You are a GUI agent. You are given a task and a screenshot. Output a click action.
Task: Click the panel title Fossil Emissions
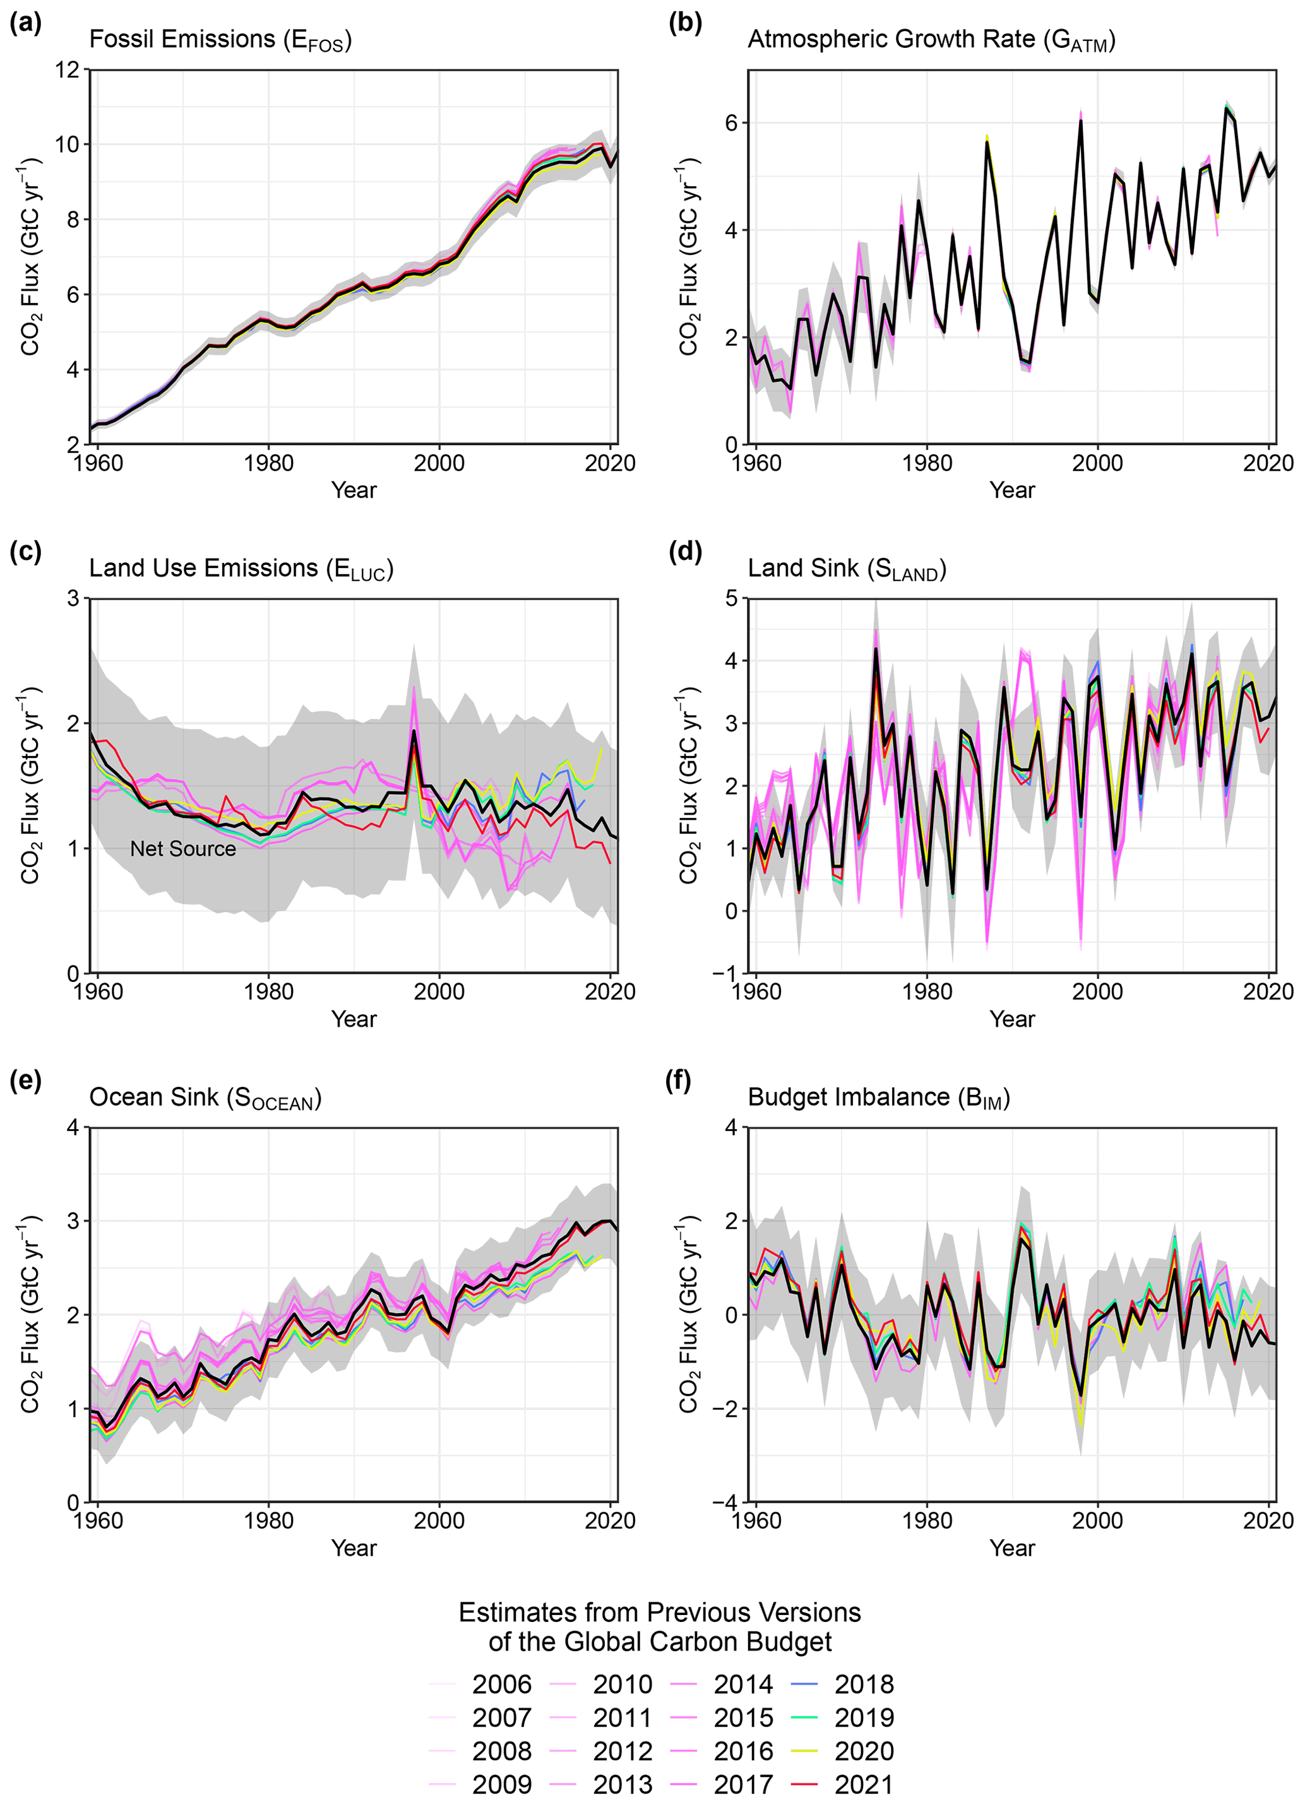220,40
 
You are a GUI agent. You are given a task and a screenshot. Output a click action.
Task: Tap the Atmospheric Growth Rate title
931,40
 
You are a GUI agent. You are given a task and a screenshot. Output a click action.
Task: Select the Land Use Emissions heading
241,568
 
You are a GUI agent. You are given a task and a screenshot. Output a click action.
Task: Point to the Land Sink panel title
847,568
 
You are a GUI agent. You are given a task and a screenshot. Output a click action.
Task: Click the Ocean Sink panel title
205,1098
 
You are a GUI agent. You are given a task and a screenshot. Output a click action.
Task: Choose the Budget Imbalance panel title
878,1098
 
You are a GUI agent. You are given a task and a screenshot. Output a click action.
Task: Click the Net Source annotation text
183,848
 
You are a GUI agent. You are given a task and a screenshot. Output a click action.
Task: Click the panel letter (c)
25,551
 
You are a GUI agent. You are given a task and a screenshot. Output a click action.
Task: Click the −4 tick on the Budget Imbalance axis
727,1503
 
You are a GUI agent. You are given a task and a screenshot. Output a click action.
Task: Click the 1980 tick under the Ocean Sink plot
268,1521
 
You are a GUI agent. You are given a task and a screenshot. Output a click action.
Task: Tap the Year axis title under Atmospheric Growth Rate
1012,490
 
